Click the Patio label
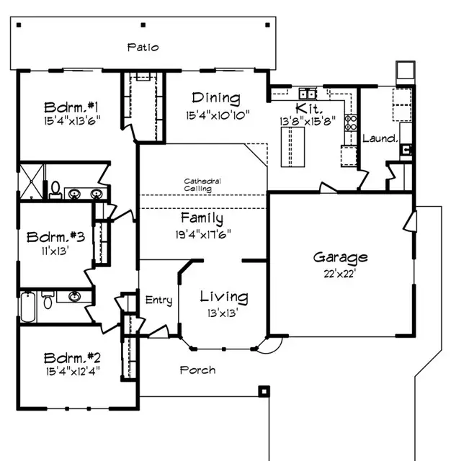click(143, 48)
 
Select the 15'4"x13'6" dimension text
click(71, 120)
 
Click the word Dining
click(216, 99)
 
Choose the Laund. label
click(380, 138)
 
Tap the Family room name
click(202, 218)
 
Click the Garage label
click(340, 257)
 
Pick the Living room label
click(224, 297)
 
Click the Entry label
click(158, 300)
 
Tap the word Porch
click(197, 370)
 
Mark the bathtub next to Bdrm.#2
click(26, 305)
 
